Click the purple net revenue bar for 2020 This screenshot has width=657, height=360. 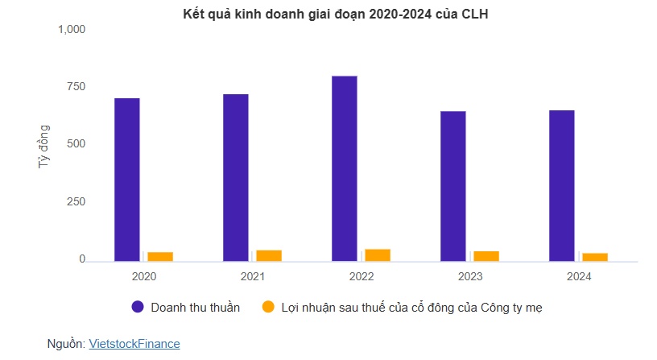(x=127, y=180)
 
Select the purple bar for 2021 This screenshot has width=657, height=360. (x=236, y=177)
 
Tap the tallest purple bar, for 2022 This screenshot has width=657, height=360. (x=345, y=168)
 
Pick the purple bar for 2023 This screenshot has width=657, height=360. (x=453, y=186)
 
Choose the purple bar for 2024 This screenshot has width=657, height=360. (x=562, y=185)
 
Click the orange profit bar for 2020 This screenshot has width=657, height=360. (x=160, y=256)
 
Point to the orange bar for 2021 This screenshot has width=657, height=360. (x=269, y=255)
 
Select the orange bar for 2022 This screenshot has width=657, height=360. (x=378, y=254)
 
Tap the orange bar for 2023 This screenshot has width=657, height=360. (x=486, y=255)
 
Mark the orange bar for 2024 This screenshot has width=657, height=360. (x=595, y=257)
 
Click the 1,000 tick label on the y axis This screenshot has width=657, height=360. (x=71, y=30)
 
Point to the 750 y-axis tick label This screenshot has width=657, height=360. (x=76, y=87)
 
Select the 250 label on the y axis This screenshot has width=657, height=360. (x=76, y=202)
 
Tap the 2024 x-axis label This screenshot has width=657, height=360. (x=578, y=276)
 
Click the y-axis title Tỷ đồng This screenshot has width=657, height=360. (x=43, y=146)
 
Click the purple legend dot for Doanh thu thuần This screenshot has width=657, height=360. (x=138, y=307)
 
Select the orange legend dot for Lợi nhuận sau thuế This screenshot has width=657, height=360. (x=269, y=307)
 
